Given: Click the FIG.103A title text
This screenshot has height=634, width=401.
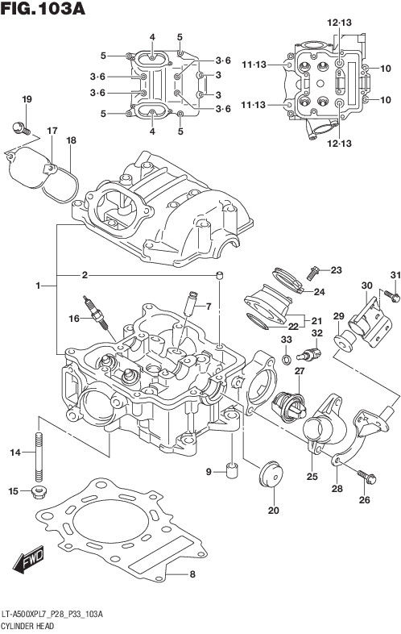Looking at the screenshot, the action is (43, 8).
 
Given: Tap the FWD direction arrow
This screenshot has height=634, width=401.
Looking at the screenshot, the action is (28, 561).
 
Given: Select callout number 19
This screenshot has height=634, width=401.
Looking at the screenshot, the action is (27, 99).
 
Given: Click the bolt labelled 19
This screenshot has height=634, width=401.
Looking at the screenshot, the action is (21, 128).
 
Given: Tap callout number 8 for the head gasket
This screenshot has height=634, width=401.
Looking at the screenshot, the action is (192, 574).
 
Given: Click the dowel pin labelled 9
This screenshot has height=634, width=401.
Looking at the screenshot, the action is (232, 470).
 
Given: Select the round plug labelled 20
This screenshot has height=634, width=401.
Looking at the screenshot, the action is (271, 473).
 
